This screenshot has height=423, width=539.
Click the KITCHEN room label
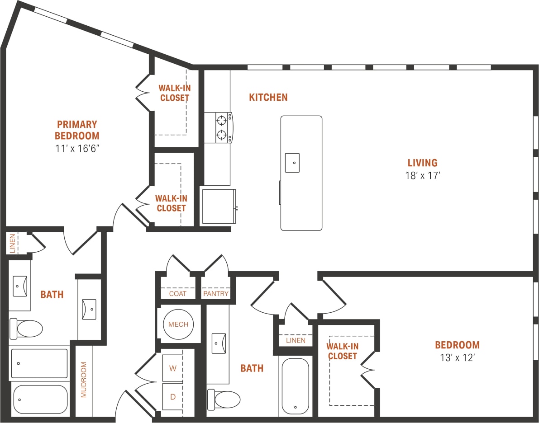click(x=268, y=97)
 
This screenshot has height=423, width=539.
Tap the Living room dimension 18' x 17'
click(x=422, y=176)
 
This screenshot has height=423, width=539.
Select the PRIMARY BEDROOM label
click(x=77, y=130)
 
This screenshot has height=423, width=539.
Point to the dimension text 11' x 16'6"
click(x=77, y=148)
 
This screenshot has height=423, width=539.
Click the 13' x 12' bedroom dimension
click(x=457, y=358)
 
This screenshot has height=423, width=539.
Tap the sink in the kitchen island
click(x=293, y=163)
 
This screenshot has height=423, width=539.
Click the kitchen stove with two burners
click(x=219, y=127)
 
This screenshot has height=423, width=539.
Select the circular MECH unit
click(x=179, y=324)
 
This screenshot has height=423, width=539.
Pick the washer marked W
click(x=172, y=368)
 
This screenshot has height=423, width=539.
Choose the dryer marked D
click(x=172, y=397)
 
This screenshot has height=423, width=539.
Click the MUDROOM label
click(x=84, y=379)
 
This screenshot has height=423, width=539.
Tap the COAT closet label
click(x=178, y=294)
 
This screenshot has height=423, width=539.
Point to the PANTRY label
click(x=216, y=294)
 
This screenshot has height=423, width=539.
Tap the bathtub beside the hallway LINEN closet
click(x=295, y=385)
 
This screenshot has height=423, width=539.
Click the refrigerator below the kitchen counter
click(x=219, y=206)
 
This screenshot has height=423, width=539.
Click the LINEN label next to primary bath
click(x=12, y=243)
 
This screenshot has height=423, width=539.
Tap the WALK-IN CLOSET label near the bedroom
click(x=342, y=351)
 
